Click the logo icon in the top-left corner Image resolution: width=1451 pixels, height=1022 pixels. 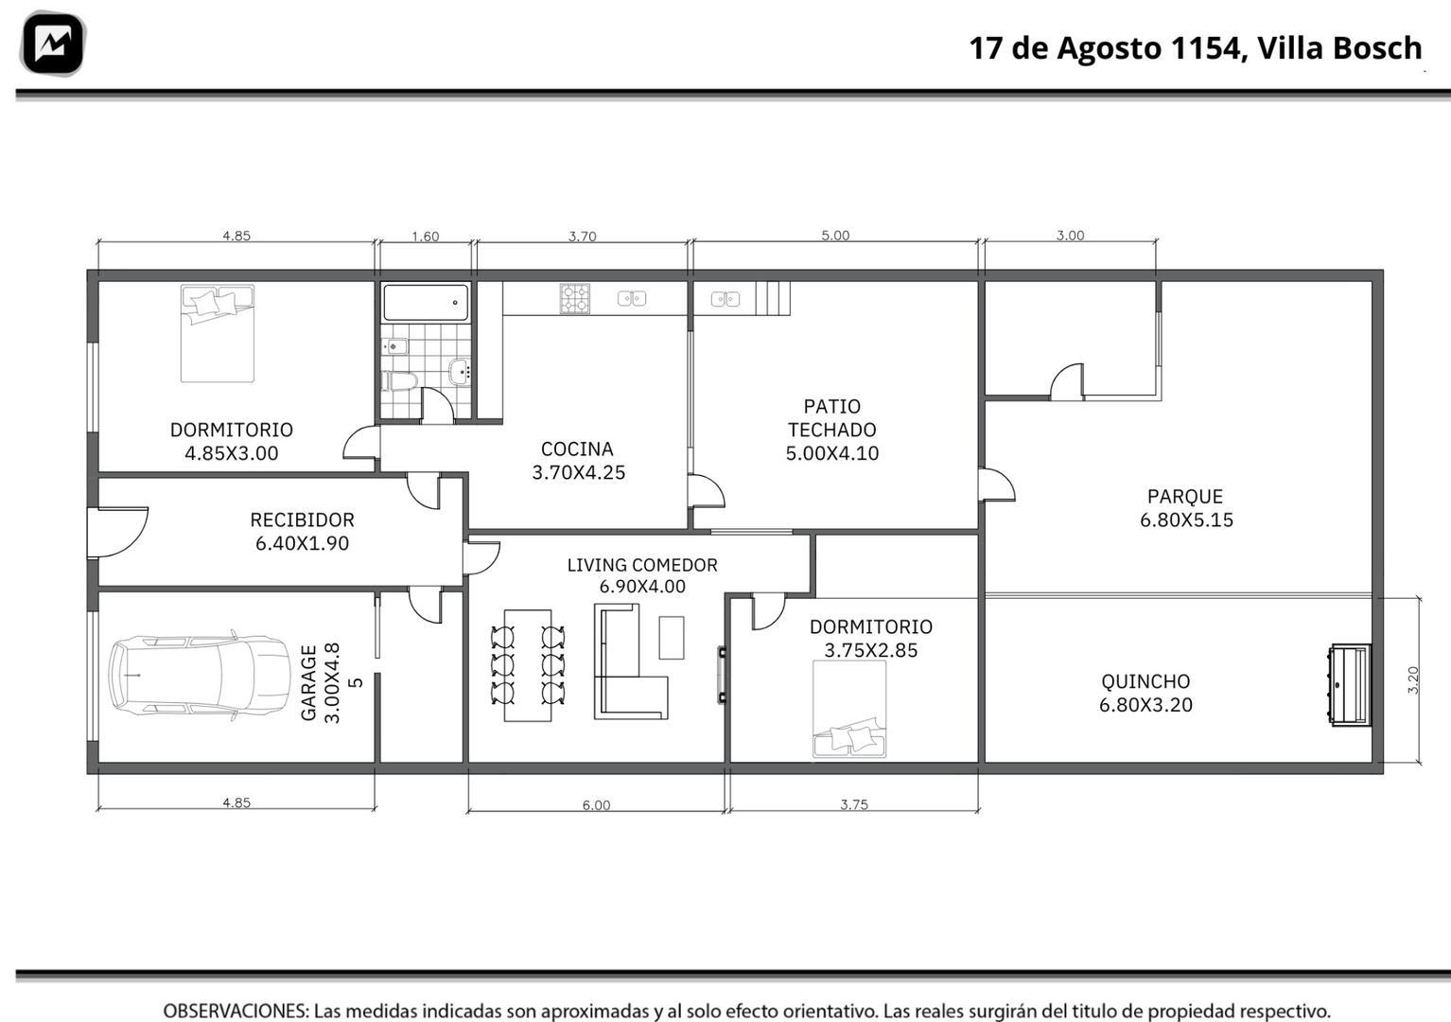point(52,44)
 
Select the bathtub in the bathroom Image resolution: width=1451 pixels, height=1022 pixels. point(426,303)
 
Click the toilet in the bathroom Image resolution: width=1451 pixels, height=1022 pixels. point(398,380)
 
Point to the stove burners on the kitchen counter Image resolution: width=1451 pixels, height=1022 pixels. point(574,299)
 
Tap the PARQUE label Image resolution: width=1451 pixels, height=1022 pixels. point(1185,497)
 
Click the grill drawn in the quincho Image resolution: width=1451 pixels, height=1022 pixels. point(1351,685)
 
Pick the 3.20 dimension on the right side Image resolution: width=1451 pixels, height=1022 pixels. point(1413,680)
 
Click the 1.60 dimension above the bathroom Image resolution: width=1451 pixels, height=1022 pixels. point(426,237)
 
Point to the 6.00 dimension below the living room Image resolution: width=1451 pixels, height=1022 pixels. point(596,805)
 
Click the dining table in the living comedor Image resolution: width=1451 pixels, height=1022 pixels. point(528,665)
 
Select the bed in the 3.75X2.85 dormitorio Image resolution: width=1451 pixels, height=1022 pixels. point(849,709)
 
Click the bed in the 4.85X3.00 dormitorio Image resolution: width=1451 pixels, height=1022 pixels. point(217,333)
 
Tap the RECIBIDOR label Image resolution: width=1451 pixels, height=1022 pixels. point(302,520)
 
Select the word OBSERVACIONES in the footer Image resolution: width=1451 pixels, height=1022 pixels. point(236,1011)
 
